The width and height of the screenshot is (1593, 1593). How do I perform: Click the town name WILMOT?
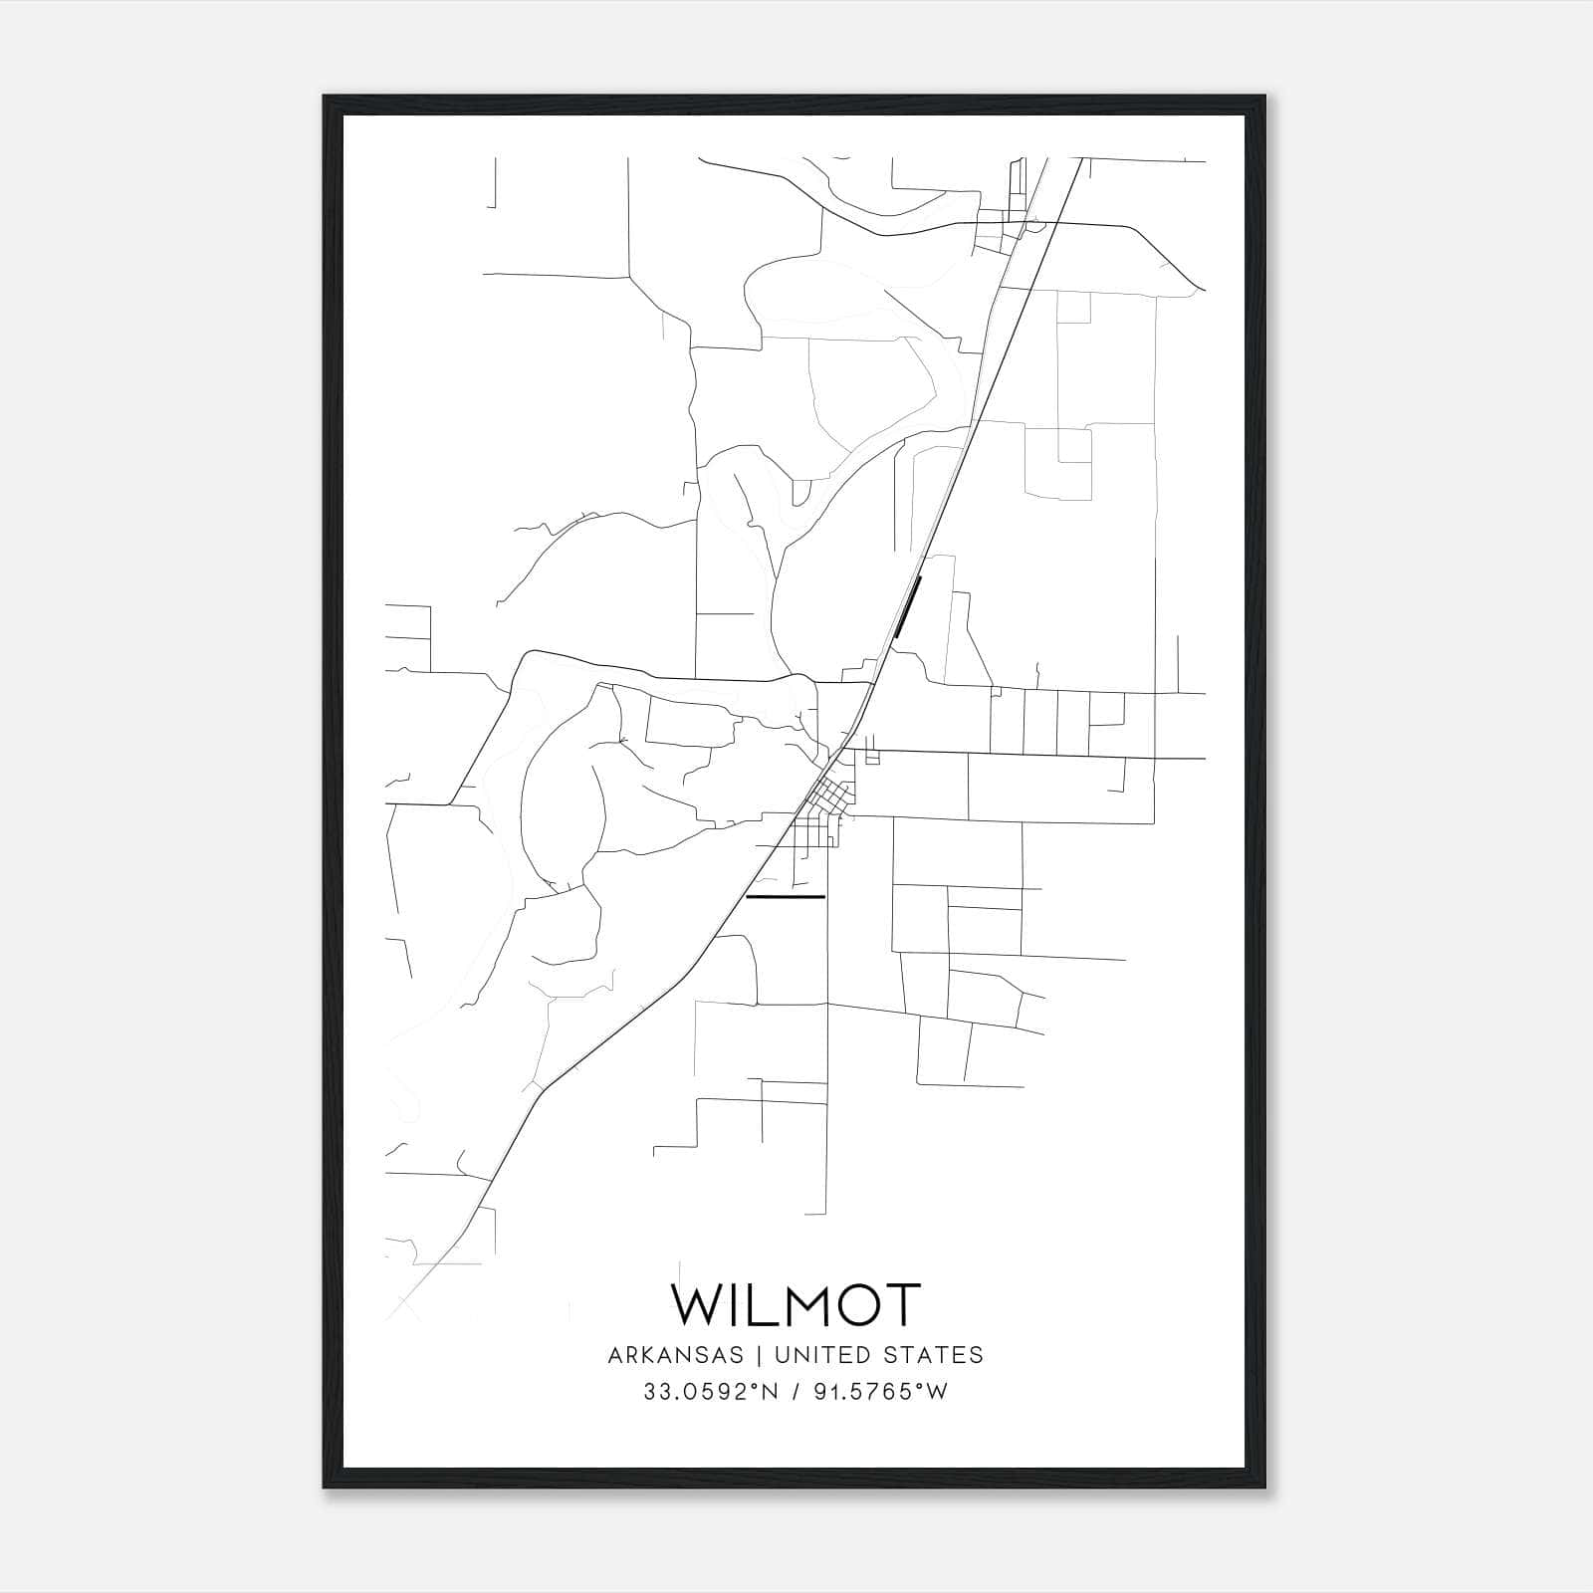(x=796, y=1304)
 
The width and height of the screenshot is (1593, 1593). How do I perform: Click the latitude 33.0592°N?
(x=710, y=1392)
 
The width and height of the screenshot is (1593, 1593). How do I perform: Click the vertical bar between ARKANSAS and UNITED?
(x=758, y=1354)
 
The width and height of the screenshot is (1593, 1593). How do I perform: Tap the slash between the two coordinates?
(x=796, y=1392)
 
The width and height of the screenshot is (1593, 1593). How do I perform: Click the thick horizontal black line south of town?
(x=786, y=897)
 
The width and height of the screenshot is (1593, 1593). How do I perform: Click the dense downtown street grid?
(x=829, y=796)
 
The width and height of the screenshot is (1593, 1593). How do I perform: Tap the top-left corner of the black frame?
(x=326, y=98)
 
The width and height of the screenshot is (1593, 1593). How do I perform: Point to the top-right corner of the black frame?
(x=1263, y=98)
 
